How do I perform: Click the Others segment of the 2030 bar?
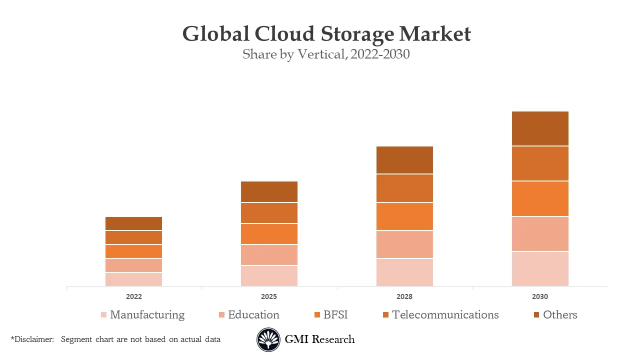(540, 128)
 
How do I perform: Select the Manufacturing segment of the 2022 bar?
(133, 279)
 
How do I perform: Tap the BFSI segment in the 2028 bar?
(404, 216)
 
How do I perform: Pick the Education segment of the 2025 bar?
(269, 255)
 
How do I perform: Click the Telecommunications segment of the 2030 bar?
(540, 163)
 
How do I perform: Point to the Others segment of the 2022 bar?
(133, 223)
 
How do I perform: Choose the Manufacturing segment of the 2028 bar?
(404, 272)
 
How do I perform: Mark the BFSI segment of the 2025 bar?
(269, 234)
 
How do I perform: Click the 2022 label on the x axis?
(133, 296)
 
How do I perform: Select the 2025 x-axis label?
(269, 296)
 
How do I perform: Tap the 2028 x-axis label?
(404, 296)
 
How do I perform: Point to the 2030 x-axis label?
(540, 296)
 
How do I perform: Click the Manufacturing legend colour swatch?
(103, 315)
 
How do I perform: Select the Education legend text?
(253, 314)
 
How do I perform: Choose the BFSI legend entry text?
(335, 314)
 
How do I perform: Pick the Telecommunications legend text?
(445, 314)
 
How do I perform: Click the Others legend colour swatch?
(536, 315)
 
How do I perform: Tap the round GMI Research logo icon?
(268, 340)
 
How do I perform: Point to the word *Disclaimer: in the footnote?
(32, 339)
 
